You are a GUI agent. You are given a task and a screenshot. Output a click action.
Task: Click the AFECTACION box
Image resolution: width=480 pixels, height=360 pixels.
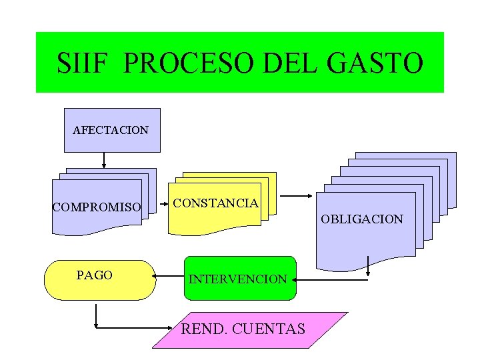[111, 130]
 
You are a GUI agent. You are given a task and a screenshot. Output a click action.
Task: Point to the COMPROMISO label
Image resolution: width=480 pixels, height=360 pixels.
[97, 207]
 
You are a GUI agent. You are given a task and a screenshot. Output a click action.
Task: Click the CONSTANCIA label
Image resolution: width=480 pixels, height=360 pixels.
[215, 203]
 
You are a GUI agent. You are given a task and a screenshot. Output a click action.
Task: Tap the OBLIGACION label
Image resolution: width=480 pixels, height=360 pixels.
[362, 219]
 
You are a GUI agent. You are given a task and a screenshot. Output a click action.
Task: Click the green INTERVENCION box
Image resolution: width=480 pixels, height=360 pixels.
[238, 279]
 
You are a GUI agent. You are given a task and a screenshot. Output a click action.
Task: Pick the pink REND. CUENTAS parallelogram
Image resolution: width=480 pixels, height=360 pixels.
[250, 329]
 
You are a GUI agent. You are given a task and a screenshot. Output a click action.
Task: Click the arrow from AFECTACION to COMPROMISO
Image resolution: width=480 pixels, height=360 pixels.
[105, 160]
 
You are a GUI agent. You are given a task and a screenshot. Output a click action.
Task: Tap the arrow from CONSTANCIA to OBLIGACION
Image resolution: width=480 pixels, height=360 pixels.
[296, 196]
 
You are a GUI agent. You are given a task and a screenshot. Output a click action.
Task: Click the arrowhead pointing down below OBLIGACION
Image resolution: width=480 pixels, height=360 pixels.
[368, 273]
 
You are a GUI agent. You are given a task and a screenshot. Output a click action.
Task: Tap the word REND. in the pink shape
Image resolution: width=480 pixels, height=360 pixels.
[203, 329]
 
